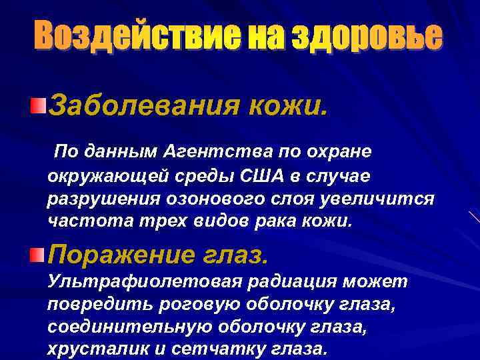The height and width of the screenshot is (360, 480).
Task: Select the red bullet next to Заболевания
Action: pos(39,105)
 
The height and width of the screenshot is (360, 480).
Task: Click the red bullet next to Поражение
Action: pos(39,254)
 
